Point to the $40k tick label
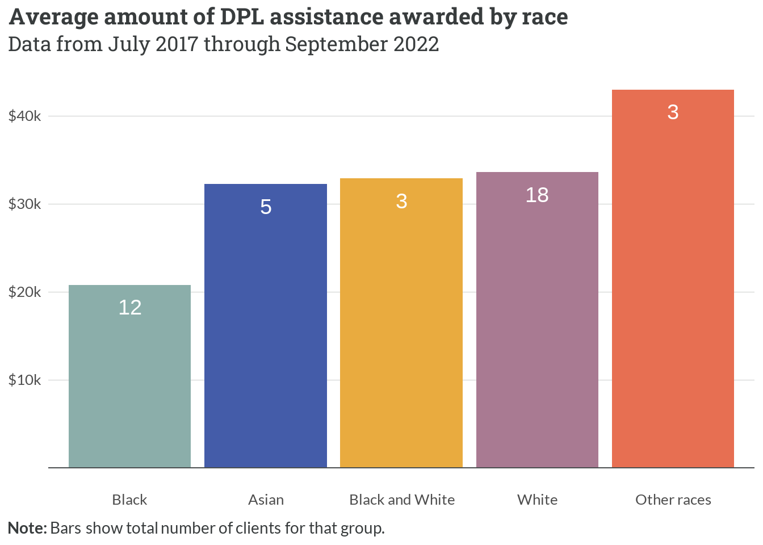(25, 116)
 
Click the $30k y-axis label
(25, 204)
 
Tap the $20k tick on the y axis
(25, 292)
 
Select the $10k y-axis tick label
(25, 380)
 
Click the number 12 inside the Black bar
(130, 308)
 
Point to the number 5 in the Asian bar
(266, 207)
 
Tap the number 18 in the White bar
(537, 195)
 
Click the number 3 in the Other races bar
(673, 112)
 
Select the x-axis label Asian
(266, 500)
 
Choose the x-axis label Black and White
(402, 500)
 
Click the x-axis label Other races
(673, 500)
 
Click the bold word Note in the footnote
(26, 529)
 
